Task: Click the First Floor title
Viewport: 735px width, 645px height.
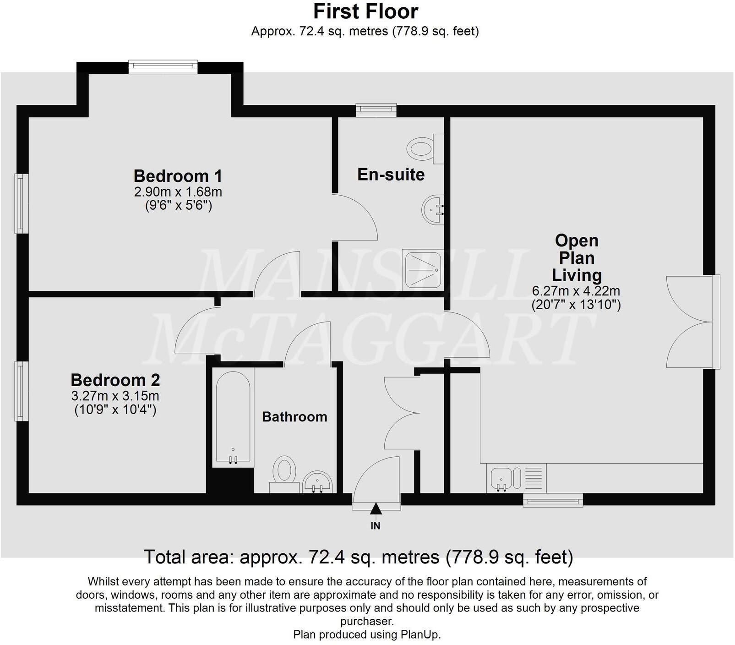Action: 365,11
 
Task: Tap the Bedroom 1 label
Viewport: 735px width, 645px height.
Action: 178,176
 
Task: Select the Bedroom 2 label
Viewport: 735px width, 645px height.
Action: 115,380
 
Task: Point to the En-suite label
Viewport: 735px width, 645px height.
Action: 391,175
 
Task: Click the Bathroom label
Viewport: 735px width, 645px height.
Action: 294,417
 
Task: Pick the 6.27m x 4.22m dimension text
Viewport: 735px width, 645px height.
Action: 576,291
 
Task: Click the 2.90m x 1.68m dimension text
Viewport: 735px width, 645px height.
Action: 178,191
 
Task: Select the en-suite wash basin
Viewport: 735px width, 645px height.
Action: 432,210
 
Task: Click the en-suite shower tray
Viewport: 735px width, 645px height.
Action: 423,269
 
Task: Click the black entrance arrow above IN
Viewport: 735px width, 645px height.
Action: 376,508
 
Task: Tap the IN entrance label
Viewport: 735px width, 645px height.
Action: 376,526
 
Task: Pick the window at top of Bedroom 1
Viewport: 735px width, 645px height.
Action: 163,67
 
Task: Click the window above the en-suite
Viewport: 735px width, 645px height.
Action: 376,109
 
